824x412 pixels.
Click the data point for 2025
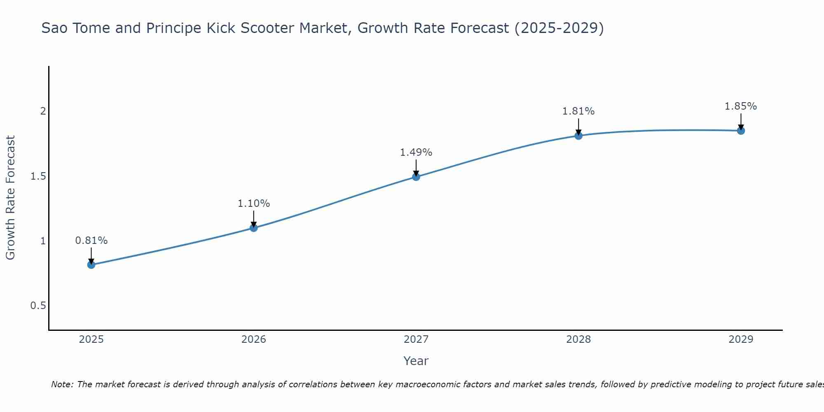coord(91,265)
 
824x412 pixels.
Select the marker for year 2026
coord(254,228)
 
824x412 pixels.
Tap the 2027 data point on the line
coord(416,177)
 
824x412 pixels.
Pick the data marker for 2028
coord(578,136)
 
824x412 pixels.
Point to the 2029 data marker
coord(741,131)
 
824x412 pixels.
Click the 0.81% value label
coord(91,241)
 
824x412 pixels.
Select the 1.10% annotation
coord(254,204)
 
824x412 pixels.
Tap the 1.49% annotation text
coord(416,152)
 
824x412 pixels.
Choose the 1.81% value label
coord(578,111)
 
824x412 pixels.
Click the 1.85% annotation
coord(741,106)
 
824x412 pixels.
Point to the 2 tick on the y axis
coord(43,111)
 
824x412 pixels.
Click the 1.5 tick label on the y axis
coord(38,176)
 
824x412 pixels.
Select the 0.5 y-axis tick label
coord(38,306)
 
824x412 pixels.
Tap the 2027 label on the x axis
coord(416,339)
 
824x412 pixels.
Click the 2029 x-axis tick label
coord(741,339)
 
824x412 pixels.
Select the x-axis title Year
coord(416,361)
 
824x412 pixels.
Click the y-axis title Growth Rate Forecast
coord(11,198)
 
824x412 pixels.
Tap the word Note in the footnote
coord(62,384)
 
